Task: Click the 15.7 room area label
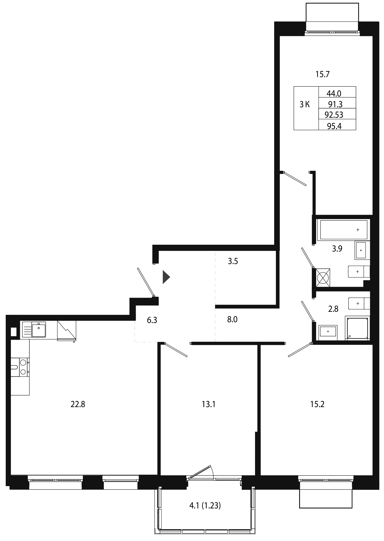tap(323, 74)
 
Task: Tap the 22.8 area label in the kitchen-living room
tap(78, 404)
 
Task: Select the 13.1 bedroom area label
tap(208, 404)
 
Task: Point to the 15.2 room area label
tap(317, 404)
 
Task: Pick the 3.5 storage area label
tap(233, 261)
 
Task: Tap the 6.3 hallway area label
tap(152, 320)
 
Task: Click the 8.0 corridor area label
tap(232, 319)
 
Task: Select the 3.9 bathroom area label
tap(337, 249)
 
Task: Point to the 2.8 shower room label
tap(333, 309)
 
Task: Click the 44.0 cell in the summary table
tap(334, 94)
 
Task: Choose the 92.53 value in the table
tap(334, 115)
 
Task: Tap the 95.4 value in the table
tap(334, 126)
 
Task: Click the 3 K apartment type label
tap(305, 104)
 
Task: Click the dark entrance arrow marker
tap(166, 277)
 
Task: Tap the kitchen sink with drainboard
tap(34, 329)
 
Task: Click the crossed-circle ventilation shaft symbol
tap(323, 278)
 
